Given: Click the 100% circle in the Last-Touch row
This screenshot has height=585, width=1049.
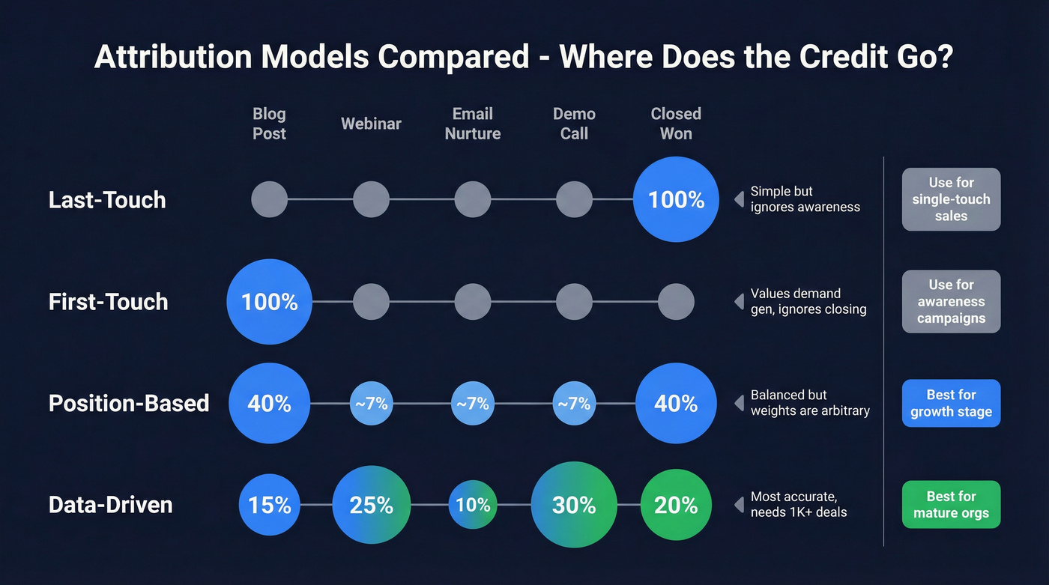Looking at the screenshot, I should (676, 199).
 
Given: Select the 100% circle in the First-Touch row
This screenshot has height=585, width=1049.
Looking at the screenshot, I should (269, 302).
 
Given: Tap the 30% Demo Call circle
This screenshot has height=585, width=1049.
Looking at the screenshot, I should (574, 505).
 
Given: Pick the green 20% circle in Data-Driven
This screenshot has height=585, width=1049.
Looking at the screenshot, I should (676, 505).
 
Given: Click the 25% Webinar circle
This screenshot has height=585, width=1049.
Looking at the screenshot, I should (372, 505).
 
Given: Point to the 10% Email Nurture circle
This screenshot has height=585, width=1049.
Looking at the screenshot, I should (473, 505).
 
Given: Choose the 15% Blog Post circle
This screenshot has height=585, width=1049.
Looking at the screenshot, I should (269, 505).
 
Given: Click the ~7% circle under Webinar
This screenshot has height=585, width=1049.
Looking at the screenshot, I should (372, 404).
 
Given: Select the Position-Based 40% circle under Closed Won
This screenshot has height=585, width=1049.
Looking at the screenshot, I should (676, 404).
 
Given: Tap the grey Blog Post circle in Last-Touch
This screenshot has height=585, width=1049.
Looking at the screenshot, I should (269, 199).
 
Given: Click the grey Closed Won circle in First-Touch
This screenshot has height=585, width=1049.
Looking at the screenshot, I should (676, 302).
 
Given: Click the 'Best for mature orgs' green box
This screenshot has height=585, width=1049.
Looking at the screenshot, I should (951, 505).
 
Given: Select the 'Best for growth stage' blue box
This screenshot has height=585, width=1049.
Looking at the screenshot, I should (951, 403).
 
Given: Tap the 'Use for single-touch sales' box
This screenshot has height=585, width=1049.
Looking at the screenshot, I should (951, 199).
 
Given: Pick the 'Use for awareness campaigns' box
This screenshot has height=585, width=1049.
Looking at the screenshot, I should (951, 301).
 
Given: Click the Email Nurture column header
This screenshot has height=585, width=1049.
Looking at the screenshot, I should (473, 124).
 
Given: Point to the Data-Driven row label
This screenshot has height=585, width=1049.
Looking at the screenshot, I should (111, 505).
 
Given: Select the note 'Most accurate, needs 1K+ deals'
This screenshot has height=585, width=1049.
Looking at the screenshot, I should (798, 505).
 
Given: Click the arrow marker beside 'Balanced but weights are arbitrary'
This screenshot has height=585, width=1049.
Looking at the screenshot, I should (739, 404).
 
